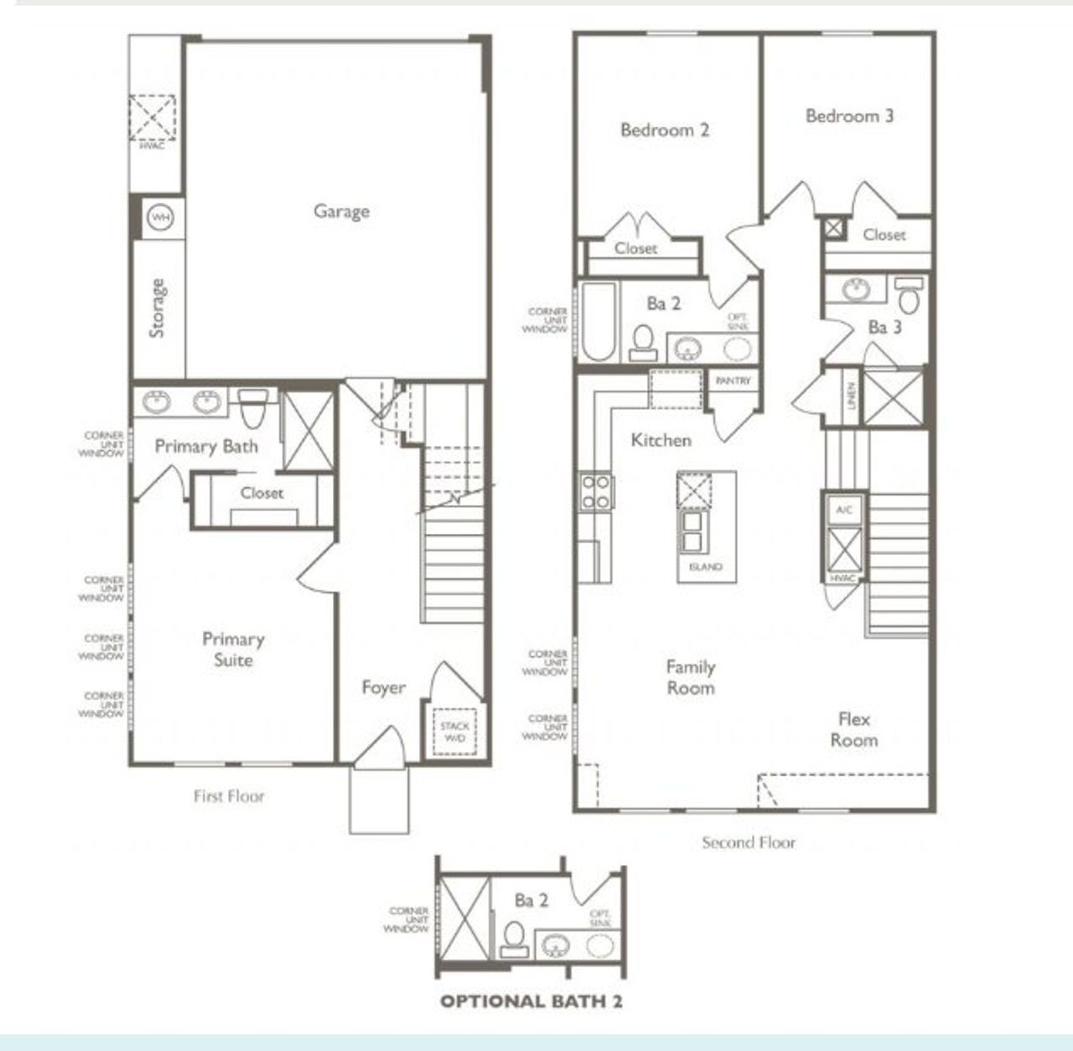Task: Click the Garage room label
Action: [341, 211]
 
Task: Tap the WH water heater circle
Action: [160, 218]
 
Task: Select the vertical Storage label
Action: [157, 308]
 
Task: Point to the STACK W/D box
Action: [454, 732]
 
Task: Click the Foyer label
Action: [383, 688]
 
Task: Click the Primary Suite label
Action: [233, 650]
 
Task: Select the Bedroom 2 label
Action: [665, 130]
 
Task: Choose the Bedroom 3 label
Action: [849, 116]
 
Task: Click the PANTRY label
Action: [733, 381]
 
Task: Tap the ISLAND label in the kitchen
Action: [706, 567]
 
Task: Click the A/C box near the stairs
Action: [843, 510]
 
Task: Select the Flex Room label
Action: [854, 729]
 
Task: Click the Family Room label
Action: [691, 677]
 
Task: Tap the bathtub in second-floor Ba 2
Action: [598, 321]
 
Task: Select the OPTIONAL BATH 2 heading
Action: [531, 1001]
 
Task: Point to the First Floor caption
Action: [229, 796]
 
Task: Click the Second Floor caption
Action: [749, 842]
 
